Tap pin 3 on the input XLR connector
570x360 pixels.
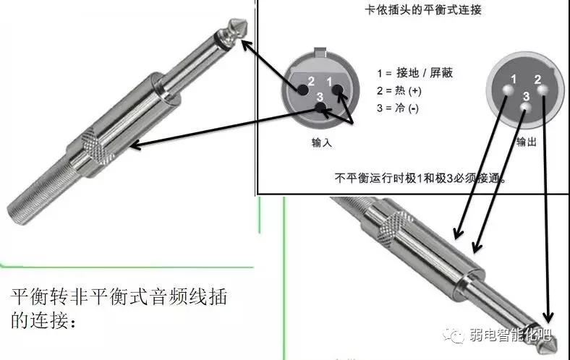[x=320, y=109]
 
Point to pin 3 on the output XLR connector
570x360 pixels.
[x=526, y=108]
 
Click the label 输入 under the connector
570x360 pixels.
[x=320, y=143]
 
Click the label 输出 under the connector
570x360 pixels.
[x=526, y=143]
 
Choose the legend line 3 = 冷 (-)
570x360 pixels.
[x=397, y=108]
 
